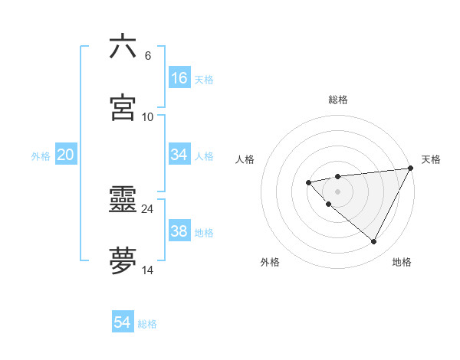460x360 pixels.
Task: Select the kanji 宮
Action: pyautogui.click(x=123, y=107)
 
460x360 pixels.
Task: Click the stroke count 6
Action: pyautogui.click(x=148, y=56)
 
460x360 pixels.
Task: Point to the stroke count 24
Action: pyautogui.click(x=148, y=208)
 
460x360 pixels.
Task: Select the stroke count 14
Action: pyautogui.click(x=148, y=270)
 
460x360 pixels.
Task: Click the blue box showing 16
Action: pyautogui.click(x=179, y=78)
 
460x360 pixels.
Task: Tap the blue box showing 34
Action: pyautogui.click(x=179, y=155)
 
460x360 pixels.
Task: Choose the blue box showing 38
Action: pyautogui.click(x=179, y=231)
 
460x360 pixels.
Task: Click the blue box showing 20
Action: pyautogui.click(x=65, y=155)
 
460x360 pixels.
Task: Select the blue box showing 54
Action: pyautogui.click(x=123, y=322)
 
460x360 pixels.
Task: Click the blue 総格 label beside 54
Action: pyautogui.click(x=147, y=324)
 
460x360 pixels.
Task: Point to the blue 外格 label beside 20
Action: pyautogui.click(x=41, y=156)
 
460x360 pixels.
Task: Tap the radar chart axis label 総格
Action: pyautogui.click(x=338, y=100)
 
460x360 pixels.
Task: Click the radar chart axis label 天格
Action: pyautogui.click(x=431, y=159)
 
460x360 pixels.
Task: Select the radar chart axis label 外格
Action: pyautogui.click(x=270, y=262)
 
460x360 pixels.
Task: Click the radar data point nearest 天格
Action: pyautogui.click(x=412, y=169)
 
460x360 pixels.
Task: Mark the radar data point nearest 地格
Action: pyautogui.click(x=374, y=242)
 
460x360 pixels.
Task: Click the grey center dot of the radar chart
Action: pyautogui.click(x=337, y=191)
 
